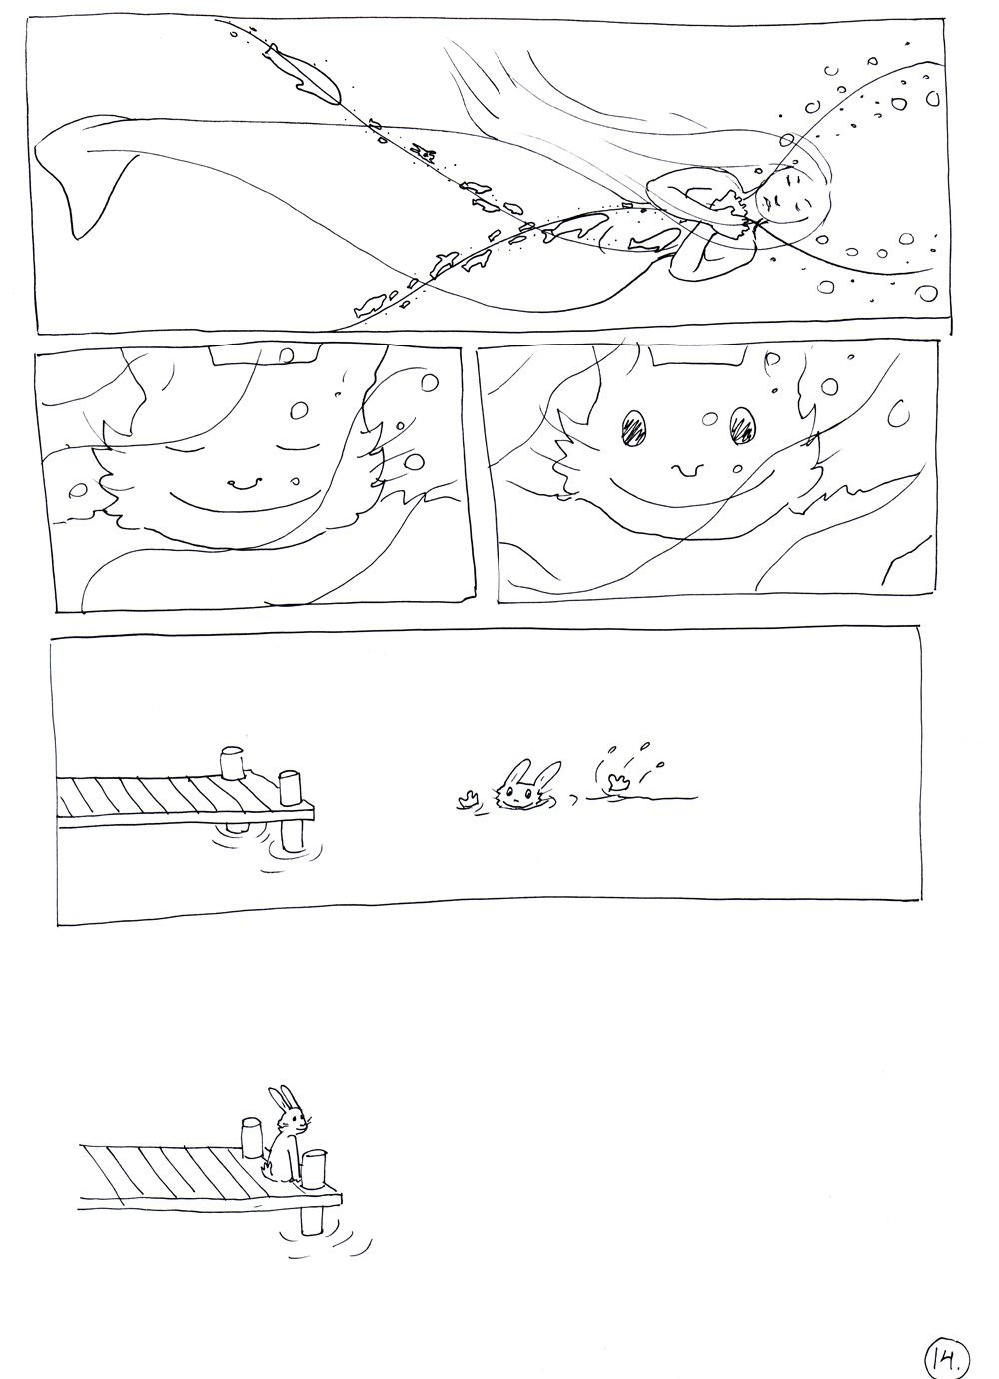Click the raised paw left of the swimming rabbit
coord(469,799)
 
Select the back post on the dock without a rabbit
coord(232,762)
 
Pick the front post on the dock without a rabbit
coord(290,788)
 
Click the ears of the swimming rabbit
coord(530,772)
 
